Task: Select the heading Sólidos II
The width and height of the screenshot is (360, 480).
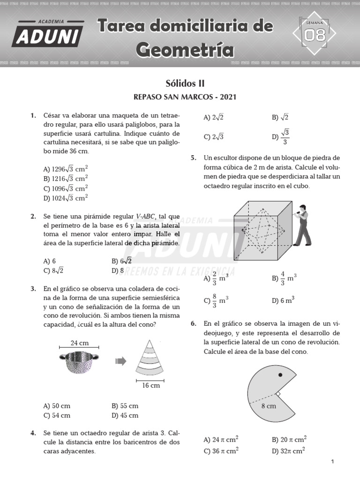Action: [185, 83]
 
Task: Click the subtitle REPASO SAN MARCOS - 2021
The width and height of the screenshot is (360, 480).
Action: [185, 97]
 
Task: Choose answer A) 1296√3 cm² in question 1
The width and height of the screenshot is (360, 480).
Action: [66, 169]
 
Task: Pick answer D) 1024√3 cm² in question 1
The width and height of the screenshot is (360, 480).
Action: [66, 198]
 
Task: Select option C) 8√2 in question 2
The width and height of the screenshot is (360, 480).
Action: [53, 270]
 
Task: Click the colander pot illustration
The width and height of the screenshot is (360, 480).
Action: [80, 362]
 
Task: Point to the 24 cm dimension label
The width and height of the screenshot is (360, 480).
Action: [80, 343]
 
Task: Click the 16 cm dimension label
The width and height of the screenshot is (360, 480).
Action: [151, 385]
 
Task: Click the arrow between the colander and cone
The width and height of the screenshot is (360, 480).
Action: [121, 360]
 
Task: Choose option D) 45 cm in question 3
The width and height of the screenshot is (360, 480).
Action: [125, 415]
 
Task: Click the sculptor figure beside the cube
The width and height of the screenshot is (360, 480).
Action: [302, 225]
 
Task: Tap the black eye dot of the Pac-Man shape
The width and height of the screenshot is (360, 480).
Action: [280, 375]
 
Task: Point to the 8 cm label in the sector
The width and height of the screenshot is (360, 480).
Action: [269, 406]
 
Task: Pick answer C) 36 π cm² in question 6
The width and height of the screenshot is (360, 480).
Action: [221, 451]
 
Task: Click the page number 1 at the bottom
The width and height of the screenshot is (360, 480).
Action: [332, 462]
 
